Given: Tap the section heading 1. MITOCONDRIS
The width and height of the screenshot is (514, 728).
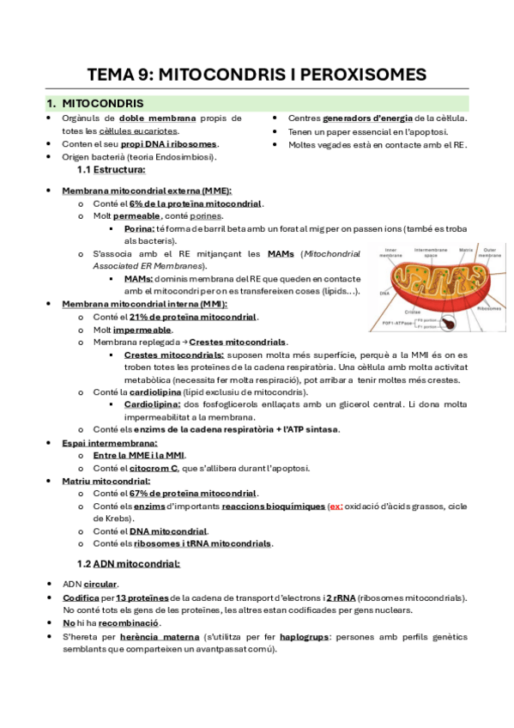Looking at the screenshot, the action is point(95,103).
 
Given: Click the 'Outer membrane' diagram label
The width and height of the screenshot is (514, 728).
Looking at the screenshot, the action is point(490,252).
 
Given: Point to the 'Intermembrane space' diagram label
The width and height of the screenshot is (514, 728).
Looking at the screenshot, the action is point(430,252).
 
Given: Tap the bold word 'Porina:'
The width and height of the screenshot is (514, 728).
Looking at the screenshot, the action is point(140,229).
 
